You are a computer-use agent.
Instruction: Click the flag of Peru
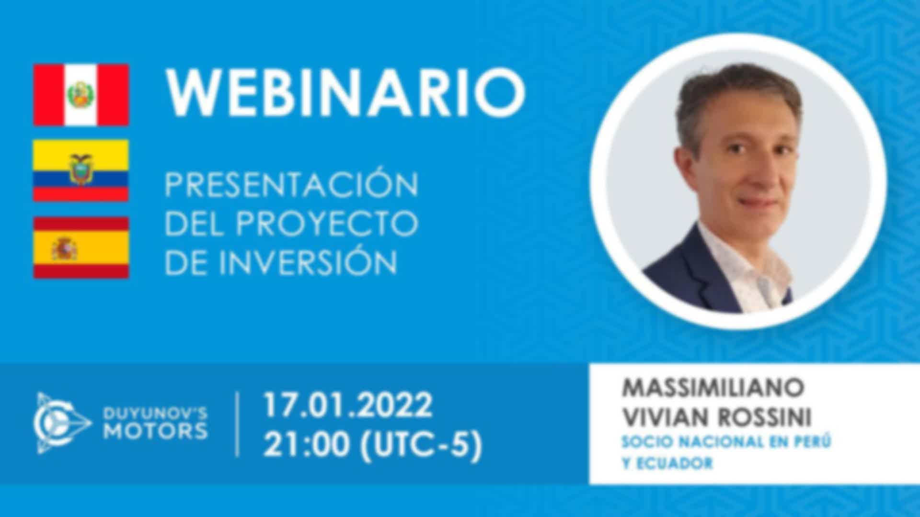[x=81, y=95]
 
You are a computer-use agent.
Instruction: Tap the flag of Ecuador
[x=80, y=170]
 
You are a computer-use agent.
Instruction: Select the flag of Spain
[x=81, y=247]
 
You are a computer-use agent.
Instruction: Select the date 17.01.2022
[x=348, y=405]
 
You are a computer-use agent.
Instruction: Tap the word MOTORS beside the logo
[x=156, y=431]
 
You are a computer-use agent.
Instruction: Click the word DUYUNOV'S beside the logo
[x=156, y=413]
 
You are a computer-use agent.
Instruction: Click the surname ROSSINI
[x=765, y=417]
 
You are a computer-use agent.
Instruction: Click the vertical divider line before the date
[x=238, y=424]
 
